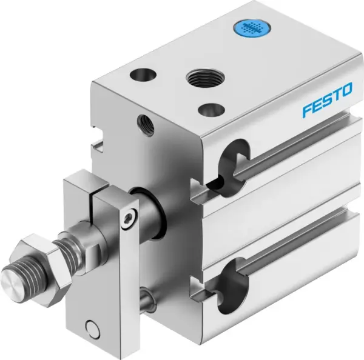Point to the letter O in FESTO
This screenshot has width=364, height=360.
pyautogui.click(x=346, y=90)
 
